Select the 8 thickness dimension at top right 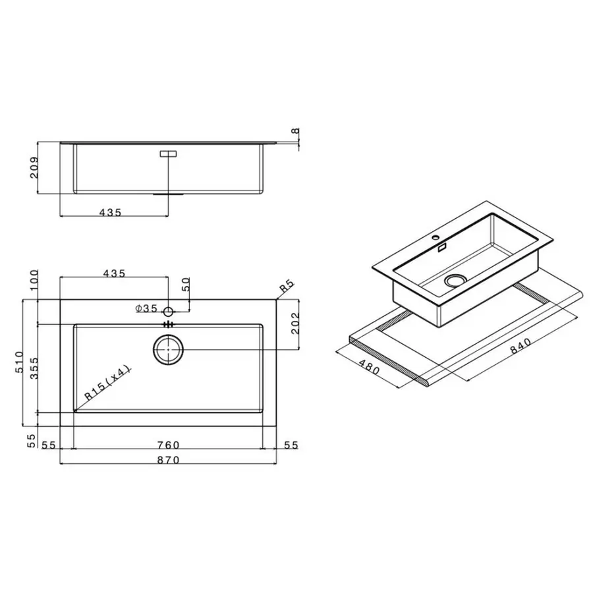pyautogui.click(x=296, y=131)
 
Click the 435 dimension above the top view pyautogui.click(x=114, y=272)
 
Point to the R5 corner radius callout pyautogui.click(x=285, y=287)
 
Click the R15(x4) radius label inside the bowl pyautogui.click(x=108, y=382)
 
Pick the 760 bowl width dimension pyautogui.click(x=169, y=445)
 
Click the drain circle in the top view pyautogui.click(x=169, y=349)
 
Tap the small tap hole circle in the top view pyautogui.click(x=169, y=310)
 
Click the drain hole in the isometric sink pyautogui.click(x=454, y=281)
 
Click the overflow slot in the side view pyautogui.click(x=169, y=154)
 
